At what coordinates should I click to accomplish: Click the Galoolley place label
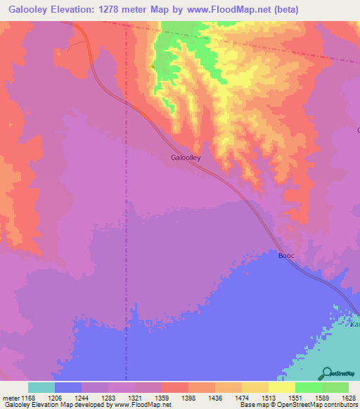pyautogui.click(x=186, y=158)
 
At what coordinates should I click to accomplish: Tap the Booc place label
pyautogui.click(x=286, y=256)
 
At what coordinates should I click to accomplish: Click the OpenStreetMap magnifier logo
pyautogui.click(x=326, y=373)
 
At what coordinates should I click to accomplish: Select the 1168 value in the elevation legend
pyautogui.click(x=37, y=397)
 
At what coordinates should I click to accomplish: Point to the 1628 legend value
pyautogui.click(x=349, y=397)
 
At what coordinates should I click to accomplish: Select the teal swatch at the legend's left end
pyautogui.click(x=41, y=387)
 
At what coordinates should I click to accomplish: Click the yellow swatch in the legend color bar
pyautogui.click(x=282, y=387)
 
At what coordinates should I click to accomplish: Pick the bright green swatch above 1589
pyautogui.click(x=309, y=387)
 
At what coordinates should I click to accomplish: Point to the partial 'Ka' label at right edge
pyautogui.click(x=355, y=325)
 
